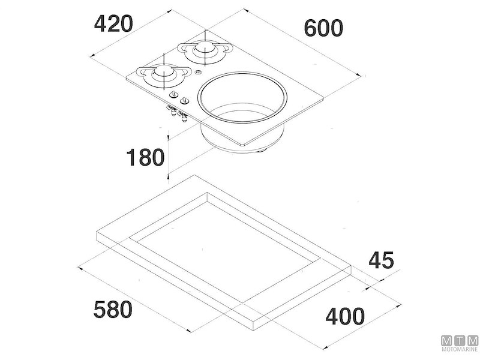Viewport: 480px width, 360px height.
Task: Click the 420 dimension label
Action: click(x=113, y=24)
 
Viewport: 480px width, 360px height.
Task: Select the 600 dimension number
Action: click(x=323, y=28)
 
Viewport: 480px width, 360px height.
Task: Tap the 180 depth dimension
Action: click(x=145, y=157)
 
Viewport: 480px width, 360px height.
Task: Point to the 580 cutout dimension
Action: click(x=113, y=310)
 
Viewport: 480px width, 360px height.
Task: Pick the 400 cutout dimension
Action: click(x=345, y=316)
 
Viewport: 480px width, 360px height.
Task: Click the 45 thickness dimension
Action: click(x=381, y=260)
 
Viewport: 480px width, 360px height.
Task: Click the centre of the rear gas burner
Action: click(x=205, y=48)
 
